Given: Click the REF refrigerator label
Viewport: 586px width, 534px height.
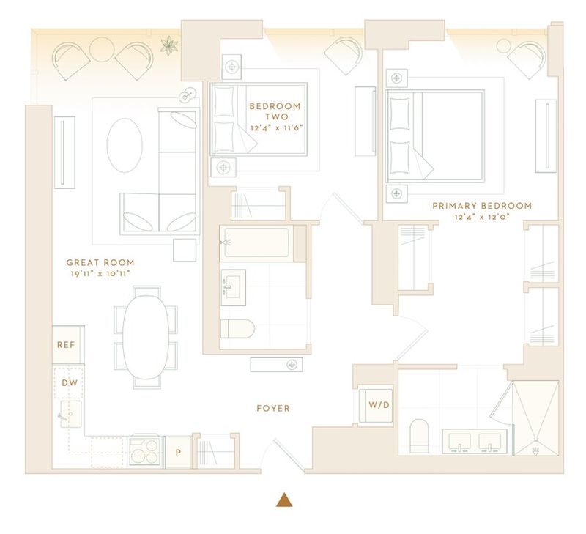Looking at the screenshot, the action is coord(66,344).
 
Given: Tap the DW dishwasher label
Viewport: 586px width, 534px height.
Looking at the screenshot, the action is coord(70,382).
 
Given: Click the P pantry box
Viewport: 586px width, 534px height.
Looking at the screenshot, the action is coord(178,452).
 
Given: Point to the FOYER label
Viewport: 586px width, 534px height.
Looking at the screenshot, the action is coord(273,408).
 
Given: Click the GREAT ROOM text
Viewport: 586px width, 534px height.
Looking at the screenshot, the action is coord(100,262).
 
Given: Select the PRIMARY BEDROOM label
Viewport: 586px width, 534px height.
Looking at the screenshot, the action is coord(482,206).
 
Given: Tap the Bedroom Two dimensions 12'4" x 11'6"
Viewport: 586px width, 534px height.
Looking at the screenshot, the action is coord(276,127).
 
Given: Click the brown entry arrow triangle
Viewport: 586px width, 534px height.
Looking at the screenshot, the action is coord(284,500).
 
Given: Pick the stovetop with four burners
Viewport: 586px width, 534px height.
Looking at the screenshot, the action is coord(144,451).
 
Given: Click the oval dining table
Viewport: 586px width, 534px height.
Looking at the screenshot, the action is coord(146,337).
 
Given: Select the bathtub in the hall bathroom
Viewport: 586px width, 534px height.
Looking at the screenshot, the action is coord(257,242).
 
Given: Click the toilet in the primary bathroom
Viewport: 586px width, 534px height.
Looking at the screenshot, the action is coord(419,436).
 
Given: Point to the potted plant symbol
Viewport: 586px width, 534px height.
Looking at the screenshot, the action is coord(169,45).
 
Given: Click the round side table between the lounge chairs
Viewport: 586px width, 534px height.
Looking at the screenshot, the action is coord(102,49).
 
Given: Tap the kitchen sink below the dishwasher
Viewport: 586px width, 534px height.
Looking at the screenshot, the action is coord(71,414).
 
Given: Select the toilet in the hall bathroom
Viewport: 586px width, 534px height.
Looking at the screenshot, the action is coord(237,329).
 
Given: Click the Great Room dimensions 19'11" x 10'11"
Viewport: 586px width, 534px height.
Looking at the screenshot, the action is coord(100,273).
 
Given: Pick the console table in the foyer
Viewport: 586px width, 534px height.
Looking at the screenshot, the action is coord(276,365).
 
